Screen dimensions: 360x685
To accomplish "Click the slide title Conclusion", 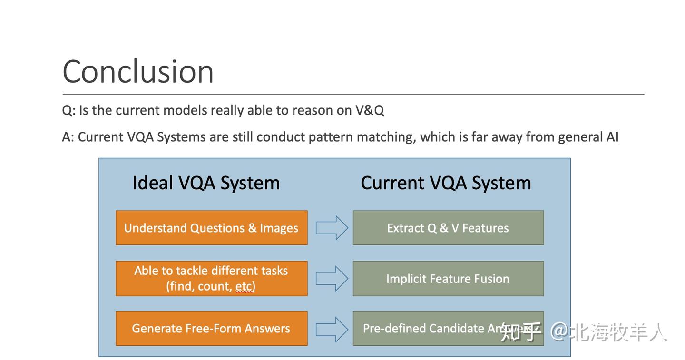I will (x=138, y=72).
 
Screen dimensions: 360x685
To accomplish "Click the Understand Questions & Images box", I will (x=211, y=228).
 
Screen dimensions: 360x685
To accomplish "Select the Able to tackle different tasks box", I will (x=211, y=279).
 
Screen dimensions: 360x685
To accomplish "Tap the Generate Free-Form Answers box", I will (x=211, y=329).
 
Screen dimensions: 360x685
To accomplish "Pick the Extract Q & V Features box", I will (x=448, y=228).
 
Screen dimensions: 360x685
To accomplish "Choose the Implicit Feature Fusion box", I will (x=448, y=279).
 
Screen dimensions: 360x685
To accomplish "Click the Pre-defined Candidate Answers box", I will (x=428, y=329).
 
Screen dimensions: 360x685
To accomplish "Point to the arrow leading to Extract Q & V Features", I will (x=332, y=228).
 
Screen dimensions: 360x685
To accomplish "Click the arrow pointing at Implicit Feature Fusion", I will (x=332, y=278).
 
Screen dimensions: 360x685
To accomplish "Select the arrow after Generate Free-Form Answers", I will (x=332, y=329).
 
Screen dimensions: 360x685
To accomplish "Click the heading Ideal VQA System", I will (x=206, y=183).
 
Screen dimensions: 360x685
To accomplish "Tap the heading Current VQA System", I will (x=446, y=183).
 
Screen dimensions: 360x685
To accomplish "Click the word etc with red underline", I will (x=244, y=287).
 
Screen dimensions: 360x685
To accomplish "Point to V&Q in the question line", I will (x=370, y=110).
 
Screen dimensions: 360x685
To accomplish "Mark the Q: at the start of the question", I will (x=68, y=110).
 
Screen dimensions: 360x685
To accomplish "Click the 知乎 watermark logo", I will (x=520, y=332).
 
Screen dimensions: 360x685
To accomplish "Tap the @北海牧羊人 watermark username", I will (x=609, y=332).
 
